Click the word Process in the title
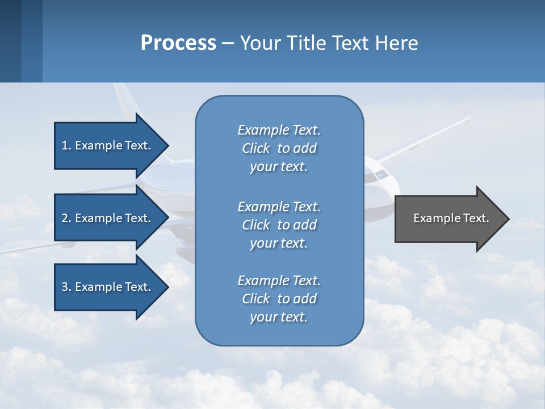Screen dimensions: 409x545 pos(178,43)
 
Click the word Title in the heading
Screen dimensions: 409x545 pos(307,43)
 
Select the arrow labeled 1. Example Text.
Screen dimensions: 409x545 pos(108,145)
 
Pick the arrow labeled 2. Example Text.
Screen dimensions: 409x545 pos(108,218)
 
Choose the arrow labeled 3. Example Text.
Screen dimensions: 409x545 pos(108,287)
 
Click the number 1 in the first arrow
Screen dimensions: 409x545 pos(65,145)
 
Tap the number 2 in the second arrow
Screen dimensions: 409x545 pos(65,218)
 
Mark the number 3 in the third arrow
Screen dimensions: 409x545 pos(65,287)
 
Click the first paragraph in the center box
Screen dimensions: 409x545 pos(279,148)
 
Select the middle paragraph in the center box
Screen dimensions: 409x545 pos(279,225)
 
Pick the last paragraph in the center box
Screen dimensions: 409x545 pos(279,299)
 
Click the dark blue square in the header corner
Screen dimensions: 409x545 pos(10,41)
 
